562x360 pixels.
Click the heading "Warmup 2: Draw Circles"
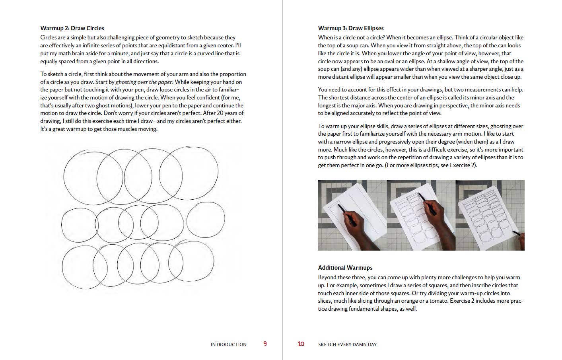(x=72, y=28)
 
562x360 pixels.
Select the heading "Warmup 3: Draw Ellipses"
(x=350, y=28)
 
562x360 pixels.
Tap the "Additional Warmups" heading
(x=345, y=268)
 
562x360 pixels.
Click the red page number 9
(x=265, y=344)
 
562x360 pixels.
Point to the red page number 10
(x=301, y=344)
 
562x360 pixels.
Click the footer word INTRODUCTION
(x=228, y=344)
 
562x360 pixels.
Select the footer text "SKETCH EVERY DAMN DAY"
(x=347, y=344)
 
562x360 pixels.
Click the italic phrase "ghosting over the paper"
(x=144, y=82)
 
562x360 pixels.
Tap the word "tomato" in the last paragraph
(x=438, y=301)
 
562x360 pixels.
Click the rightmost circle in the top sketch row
(x=189, y=173)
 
